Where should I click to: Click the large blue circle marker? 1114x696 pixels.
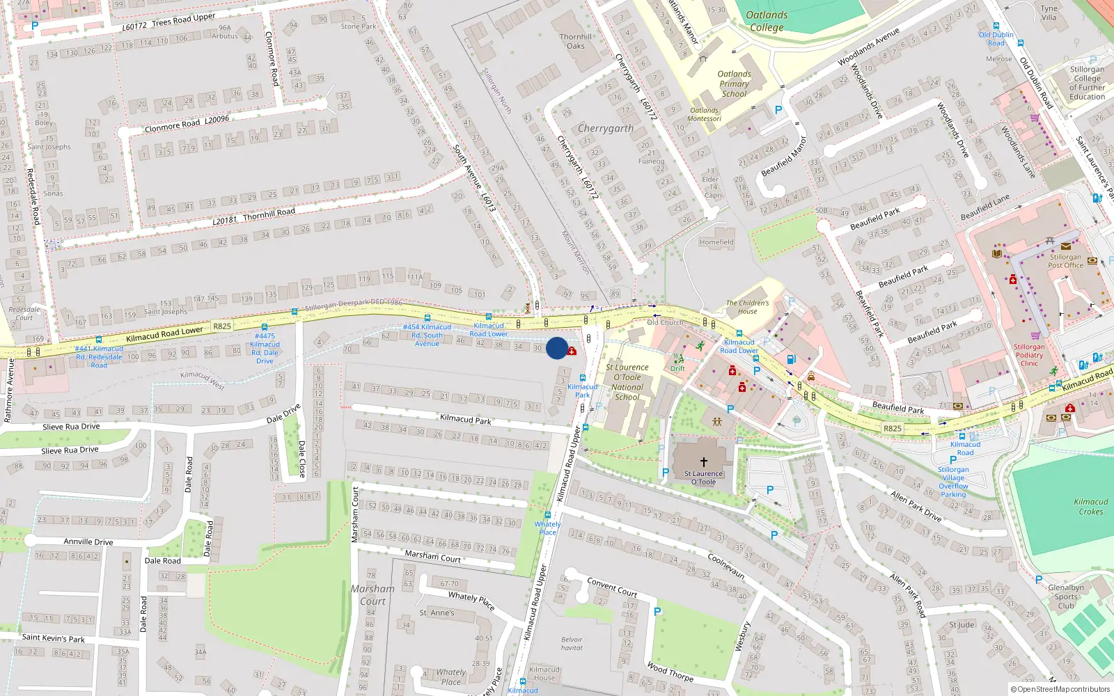click(x=556, y=348)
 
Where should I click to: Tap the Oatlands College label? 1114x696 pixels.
click(x=767, y=21)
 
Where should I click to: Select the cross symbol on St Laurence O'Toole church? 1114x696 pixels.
click(x=703, y=461)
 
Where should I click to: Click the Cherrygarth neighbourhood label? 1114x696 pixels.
click(x=606, y=129)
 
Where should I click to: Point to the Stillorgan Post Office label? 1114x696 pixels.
click(x=1065, y=261)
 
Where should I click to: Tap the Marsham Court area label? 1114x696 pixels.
click(x=372, y=594)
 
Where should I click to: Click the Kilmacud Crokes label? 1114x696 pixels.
click(x=1090, y=506)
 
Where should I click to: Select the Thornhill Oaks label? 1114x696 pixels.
click(x=576, y=41)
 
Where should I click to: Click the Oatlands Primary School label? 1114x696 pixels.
click(x=734, y=84)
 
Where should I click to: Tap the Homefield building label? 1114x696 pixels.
click(x=716, y=242)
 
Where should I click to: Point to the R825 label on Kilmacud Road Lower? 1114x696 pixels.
click(x=222, y=326)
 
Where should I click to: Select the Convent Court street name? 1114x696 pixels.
click(x=612, y=587)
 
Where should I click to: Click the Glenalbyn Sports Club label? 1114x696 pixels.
click(x=1066, y=596)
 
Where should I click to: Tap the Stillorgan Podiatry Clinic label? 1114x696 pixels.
click(x=1029, y=355)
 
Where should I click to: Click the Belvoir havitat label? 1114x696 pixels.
click(x=572, y=643)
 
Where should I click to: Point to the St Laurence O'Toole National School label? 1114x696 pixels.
click(x=627, y=382)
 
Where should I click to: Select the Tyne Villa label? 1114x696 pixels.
click(x=1049, y=13)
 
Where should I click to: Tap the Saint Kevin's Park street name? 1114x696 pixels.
click(x=54, y=638)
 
